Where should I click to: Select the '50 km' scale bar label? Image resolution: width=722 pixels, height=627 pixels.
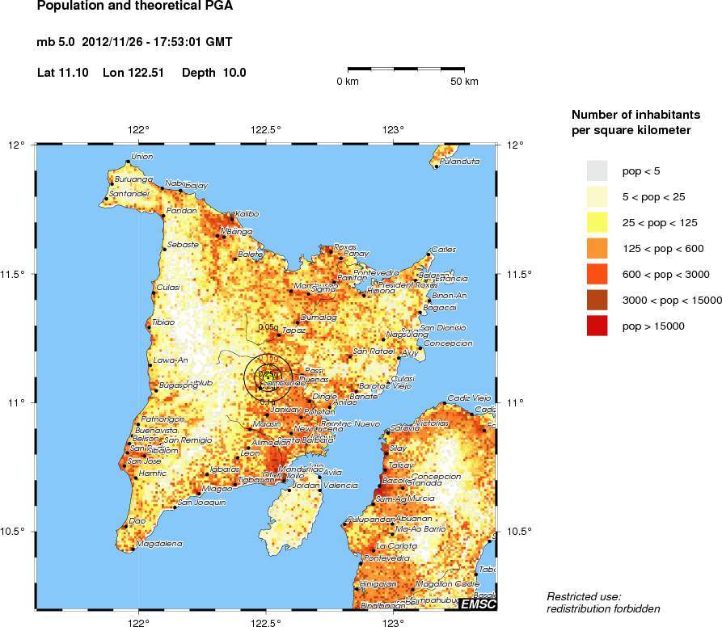(464, 82)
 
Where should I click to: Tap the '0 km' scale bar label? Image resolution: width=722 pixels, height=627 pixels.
(348, 82)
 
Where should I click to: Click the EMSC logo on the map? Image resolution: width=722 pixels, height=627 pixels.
(478, 604)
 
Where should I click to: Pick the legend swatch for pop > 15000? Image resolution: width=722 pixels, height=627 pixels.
(597, 326)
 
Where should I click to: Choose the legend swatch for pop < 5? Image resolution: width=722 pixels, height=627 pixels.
(597, 170)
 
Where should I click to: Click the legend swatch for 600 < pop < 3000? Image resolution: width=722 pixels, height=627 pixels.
(597, 274)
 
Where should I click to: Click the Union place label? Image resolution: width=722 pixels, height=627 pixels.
(141, 156)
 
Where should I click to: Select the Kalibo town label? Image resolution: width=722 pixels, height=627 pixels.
(247, 213)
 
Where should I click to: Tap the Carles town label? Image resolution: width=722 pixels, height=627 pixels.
(444, 249)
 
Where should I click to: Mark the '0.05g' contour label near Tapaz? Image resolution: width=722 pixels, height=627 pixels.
(268, 327)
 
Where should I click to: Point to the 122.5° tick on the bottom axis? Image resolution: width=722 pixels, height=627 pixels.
(266, 622)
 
